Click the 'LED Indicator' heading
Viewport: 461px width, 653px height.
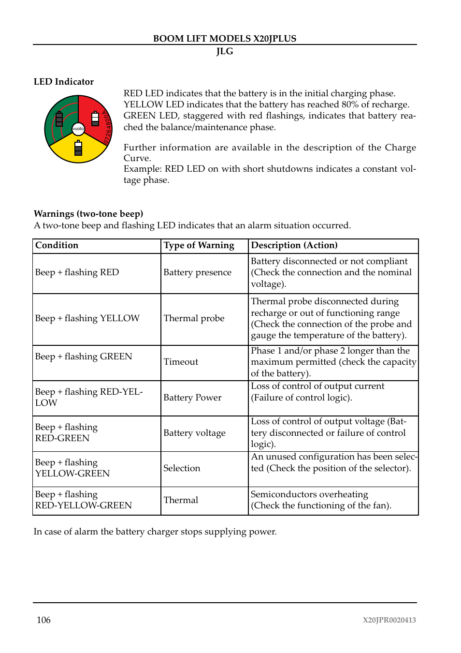[64, 82]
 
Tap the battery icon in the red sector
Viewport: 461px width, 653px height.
[95, 118]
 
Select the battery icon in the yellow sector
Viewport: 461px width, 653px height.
[78, 148]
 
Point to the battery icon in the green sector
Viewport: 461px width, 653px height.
[59, 119]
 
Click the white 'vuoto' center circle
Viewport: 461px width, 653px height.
[78, 129]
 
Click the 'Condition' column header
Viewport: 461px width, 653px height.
[57, 245]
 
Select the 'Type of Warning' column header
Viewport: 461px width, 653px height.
[199, 245]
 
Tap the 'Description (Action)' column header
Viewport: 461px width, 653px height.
[294, 245]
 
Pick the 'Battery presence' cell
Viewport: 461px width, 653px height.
[197, 272]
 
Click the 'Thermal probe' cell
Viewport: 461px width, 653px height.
[194, 318]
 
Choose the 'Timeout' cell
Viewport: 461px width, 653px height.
[181, 362]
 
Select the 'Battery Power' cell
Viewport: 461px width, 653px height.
[192, 398]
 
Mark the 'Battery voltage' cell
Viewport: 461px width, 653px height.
[194, 433]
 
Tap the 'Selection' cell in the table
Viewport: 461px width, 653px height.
[182, 468]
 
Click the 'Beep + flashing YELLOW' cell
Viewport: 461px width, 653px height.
[87, 318]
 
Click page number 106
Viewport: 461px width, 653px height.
[43, 620]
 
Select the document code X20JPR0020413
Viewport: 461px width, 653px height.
[389, 620]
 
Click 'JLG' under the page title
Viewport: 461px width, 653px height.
[225, 51]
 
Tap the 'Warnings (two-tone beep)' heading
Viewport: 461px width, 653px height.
[88, 214]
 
